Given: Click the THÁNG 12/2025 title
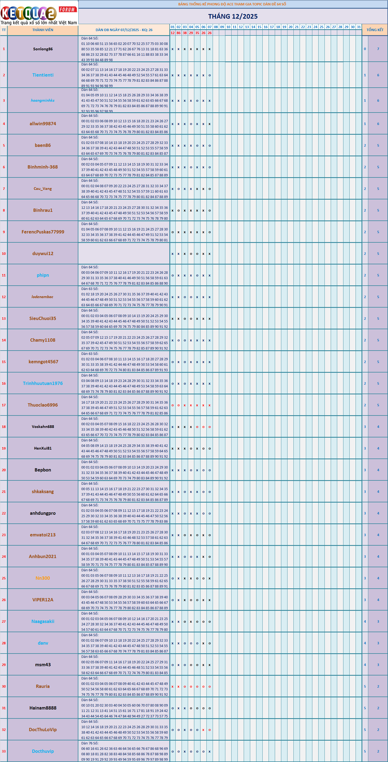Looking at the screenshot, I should [x=233, y=17].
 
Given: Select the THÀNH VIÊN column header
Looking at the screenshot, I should [x=43, y=30].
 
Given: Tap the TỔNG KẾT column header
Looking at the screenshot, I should [x=375, y=30].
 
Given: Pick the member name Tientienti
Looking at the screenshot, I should [x=43, y=75].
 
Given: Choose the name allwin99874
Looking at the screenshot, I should [x=43, y=124].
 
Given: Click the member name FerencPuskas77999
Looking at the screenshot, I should [x=43, y=232].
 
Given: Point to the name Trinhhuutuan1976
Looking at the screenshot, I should [x=43, y=383].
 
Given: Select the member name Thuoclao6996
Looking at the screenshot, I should [x=43, y=405].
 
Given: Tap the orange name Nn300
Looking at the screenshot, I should [x=43, y=578].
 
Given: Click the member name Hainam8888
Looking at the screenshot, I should [x=43, y=708].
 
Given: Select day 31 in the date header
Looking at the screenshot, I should [x=359, y=27].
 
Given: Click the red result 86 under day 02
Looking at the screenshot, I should [x=179, y=33].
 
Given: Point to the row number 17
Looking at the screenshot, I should [x=4, y=405].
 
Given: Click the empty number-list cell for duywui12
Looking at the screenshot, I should [x=124, y=253].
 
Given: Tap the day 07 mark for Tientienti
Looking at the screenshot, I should [x=209, y=75].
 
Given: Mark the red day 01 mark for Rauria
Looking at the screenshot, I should [x=173, y=686].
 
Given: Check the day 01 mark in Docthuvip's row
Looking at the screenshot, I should [x=173, y=751].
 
